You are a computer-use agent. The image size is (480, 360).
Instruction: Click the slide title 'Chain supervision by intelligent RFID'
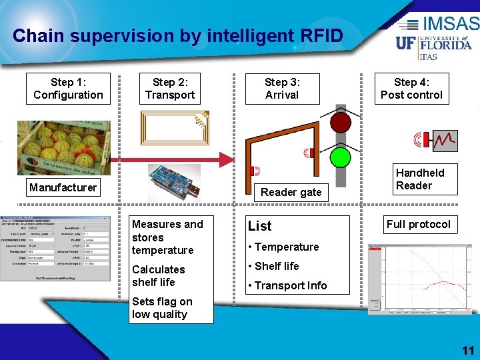(177, 35)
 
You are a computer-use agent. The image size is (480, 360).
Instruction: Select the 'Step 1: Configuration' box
(68, 89)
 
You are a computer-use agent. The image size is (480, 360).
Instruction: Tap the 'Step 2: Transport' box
(170, 89)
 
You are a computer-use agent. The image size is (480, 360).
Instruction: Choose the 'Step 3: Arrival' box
(282, 89)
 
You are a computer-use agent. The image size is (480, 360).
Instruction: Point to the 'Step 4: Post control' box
(411, 89)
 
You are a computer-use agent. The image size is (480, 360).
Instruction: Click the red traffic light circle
(341, 123)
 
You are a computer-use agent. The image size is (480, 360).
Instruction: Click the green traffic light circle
(341, 157)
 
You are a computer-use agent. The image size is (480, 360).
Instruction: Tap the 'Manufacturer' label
(63, 187)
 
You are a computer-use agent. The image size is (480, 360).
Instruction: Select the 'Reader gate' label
(291, 192)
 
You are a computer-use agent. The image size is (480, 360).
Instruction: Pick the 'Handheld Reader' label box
(419, 179)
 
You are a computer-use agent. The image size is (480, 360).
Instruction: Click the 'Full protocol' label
(419, 224)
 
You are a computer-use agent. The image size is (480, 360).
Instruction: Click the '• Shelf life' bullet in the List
(273, 266)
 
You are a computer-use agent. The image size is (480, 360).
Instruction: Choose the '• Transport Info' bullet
(287, 285)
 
